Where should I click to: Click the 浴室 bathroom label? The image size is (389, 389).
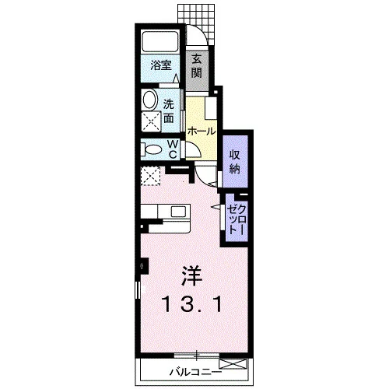pos(161,65)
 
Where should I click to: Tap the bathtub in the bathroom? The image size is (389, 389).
pos(160,41)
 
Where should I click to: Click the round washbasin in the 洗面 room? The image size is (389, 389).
pos(149,99)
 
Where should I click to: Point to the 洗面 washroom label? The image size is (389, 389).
pos(169,111)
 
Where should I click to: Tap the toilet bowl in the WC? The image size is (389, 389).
pos(153,149)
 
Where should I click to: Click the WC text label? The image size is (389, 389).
pos(173,149)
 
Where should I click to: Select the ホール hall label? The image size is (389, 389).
pos(202,131)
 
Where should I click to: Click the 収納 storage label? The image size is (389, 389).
pos(234,162)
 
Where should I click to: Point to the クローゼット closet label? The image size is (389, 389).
pos(236,219)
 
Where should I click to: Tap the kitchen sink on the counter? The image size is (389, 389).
pos(177,212)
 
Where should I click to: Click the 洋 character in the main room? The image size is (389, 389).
pos(191,276)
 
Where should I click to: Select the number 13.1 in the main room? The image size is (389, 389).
pos(192,305)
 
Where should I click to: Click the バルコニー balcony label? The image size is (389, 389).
pos(196,373)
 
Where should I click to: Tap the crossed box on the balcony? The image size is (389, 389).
pos(233,363)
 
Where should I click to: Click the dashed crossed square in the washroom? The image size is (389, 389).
pos(151,121)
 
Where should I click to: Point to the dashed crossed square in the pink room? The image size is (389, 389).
pos(150,176)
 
